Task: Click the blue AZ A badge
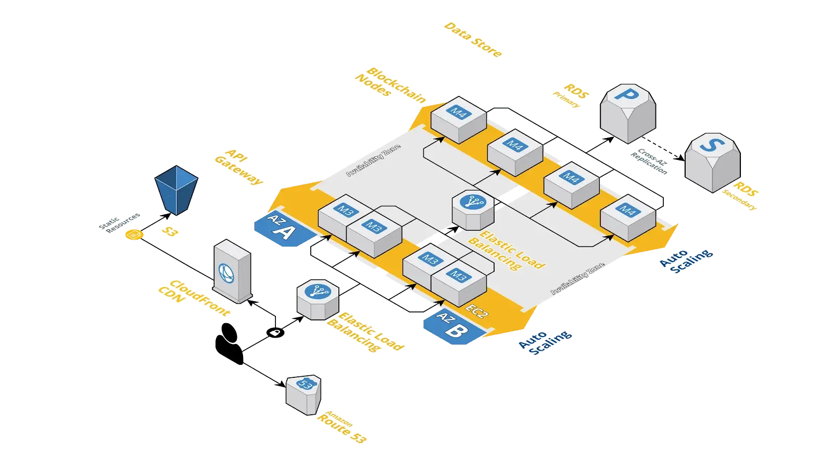click(283, 230)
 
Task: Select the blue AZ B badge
click(451, 327)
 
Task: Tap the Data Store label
click(473, 40)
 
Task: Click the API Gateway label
click(238, 168)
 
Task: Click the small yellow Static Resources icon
click(134, 236)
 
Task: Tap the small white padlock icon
click(274, 332)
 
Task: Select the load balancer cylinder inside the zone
click(473, 209)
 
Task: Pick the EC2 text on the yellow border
click(476, 311)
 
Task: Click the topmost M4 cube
click(458, 119)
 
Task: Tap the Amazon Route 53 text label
click(340, 427)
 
